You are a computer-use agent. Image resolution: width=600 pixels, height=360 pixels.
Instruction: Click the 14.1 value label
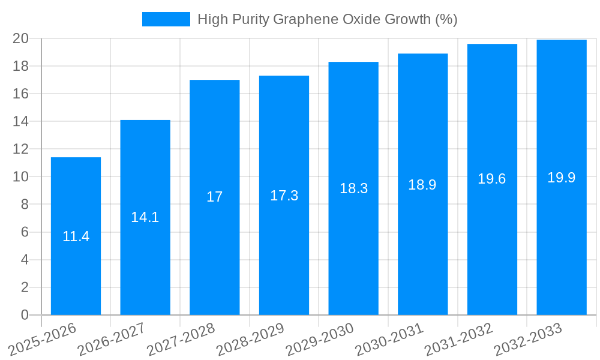pos(145,217)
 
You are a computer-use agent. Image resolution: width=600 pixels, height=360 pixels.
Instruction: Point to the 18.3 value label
pos(354,188)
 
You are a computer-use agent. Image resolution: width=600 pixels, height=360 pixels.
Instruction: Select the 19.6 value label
pos(492,179)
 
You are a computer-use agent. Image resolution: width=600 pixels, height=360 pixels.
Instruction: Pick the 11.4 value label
pos(76,236)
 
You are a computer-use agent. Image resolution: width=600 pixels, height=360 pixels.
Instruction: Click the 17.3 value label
pos(284,196)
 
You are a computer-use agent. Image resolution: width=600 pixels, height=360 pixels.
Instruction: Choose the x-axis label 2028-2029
pos(251,339)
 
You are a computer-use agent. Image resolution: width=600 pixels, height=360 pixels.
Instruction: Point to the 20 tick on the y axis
pos(21,38)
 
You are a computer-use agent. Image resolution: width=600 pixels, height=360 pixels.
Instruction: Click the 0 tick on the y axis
pos(25,315)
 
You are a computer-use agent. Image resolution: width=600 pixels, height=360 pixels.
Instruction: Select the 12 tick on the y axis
pos(21,149)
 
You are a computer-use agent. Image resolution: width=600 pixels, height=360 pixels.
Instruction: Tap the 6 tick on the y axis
pos(25,232)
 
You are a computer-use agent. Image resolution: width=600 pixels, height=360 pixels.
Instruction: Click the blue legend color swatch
pos(166,19)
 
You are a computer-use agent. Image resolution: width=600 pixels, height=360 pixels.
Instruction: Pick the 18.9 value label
pos(422,185)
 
